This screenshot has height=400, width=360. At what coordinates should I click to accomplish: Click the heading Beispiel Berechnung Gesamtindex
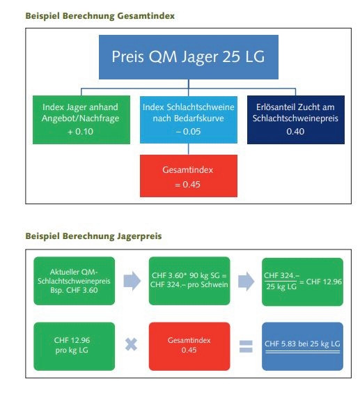point(100,16)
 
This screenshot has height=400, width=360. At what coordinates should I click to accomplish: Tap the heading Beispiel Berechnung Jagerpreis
point(93,236)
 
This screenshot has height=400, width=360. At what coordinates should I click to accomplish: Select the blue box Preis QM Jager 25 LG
point(189,57)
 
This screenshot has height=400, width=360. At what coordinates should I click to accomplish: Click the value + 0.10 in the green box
point(80,132)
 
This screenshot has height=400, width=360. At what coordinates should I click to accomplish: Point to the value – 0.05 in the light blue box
point(189,132)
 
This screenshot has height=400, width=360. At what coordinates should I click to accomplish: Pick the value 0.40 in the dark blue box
point(295,132)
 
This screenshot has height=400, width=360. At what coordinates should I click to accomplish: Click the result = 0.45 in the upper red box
point(188,185)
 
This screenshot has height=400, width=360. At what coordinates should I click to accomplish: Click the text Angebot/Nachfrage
point(80,118)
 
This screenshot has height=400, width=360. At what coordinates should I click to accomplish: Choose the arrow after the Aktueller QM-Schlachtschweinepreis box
point(132,281)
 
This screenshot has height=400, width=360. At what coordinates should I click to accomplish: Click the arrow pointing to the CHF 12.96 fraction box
point(246,281)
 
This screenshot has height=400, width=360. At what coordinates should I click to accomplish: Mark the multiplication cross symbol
point(132,345)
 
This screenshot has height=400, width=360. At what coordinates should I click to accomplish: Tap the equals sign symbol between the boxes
point(246,346)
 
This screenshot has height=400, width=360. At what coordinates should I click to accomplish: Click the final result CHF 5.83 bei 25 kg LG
point(302,344)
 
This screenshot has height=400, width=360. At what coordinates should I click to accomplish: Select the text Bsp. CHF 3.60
point(74,290)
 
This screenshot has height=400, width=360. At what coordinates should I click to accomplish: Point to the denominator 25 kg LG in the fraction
point(281,286)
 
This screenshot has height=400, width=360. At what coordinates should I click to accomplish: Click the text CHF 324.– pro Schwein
point(189,285)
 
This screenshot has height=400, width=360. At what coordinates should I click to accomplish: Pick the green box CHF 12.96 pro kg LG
point(75,346)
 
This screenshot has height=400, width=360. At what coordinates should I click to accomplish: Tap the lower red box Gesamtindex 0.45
point(189,346)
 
